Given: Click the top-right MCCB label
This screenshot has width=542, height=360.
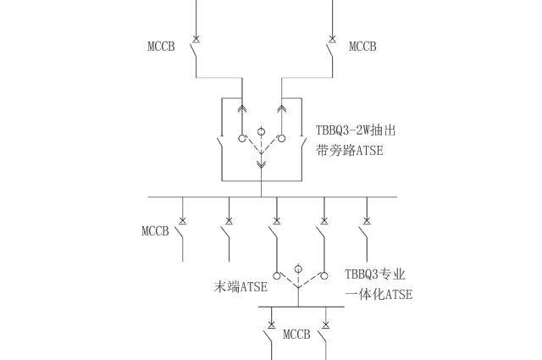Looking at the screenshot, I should (x=362, y=46).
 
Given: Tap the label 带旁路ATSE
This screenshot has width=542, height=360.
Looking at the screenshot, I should (x=350, y=150).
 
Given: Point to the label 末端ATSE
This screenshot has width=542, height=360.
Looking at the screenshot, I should (x=241, y=286).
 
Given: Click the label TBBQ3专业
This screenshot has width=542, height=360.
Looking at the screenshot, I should (x=375, y=275).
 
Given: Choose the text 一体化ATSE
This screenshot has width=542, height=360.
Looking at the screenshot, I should (x=379, y=295).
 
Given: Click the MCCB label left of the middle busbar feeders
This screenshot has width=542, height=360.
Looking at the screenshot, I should (x=156, y=231).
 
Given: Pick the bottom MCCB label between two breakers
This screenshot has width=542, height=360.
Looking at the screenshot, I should (x=297, y=334).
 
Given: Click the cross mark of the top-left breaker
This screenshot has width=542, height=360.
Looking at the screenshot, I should (x=196, y=39).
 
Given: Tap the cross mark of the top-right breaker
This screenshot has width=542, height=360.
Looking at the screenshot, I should (x=329, y=39).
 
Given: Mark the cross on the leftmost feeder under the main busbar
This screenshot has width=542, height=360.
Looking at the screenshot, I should (x=183, y=221).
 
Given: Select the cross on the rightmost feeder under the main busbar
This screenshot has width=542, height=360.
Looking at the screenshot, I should (x=367, y=221).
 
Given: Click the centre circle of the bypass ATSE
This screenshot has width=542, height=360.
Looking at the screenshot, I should (x=261, y=132).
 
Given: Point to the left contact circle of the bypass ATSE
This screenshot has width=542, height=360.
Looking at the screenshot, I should (x=241, y=138).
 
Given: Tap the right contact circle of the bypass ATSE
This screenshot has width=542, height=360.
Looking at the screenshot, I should (x=281, y=138).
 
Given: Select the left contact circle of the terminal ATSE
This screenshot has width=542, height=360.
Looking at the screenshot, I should (x=275, y=275).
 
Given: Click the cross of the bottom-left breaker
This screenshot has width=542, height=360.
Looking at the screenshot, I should (x=271, y=324).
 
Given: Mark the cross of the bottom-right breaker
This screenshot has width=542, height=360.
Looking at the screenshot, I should (x=326, y=324).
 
